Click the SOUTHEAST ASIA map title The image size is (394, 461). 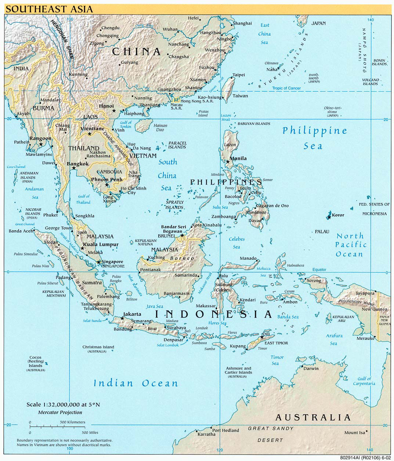coord(49,9)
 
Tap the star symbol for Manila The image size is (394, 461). coord(228,161)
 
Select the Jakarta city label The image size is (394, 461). coord(132,314)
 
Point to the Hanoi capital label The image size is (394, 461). coord(106,106)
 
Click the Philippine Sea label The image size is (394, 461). coord(314,138)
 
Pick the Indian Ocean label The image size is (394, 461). coord(135,383)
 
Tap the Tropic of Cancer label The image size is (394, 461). coord(286,88)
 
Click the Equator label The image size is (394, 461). coord(319,270)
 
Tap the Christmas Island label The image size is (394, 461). coord(98,347)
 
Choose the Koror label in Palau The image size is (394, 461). coord(338,215)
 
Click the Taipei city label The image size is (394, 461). coord(239,75)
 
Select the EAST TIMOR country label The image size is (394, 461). coord(276,343)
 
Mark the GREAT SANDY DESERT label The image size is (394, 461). coord(271,434)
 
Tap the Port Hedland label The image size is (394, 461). coord(225,430)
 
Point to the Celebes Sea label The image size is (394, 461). coord(236,243)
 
